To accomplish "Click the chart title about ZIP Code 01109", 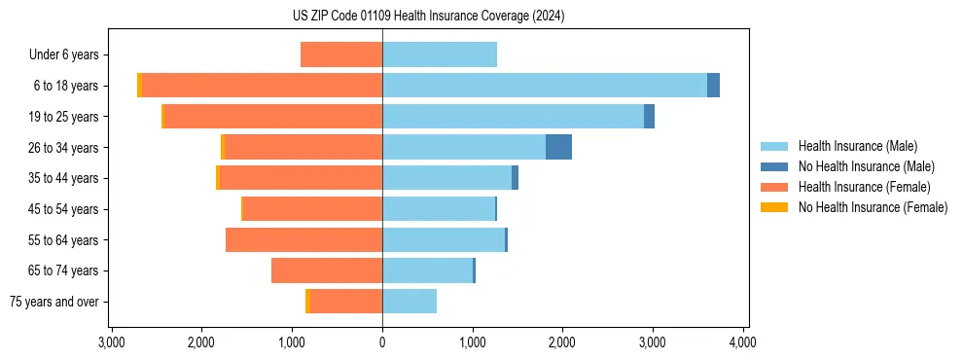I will click(x=428, y=17).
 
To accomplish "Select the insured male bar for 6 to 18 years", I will click(x=545, y=86).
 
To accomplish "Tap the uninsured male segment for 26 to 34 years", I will click(x=558, y=147).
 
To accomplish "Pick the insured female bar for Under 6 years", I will click(x=341, y=54).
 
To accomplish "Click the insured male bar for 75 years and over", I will click(x=410, y=302).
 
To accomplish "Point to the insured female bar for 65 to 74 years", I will click(x=327, y=270).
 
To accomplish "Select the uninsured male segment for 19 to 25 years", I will click(x=649, y=117).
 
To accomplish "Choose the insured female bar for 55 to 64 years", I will click(x=303, y=239).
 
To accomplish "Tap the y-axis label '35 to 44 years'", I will click(x=63, y=178).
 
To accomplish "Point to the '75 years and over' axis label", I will click(x=53, y=302).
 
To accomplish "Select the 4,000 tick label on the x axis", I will click(x=743, y=342).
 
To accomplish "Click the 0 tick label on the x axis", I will click(x=382, y=342).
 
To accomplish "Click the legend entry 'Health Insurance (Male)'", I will click(x=857, y=146).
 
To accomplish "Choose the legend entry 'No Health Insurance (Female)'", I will click(x=873, y=207).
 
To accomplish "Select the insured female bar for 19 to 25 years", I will click(x=273, y=117).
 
